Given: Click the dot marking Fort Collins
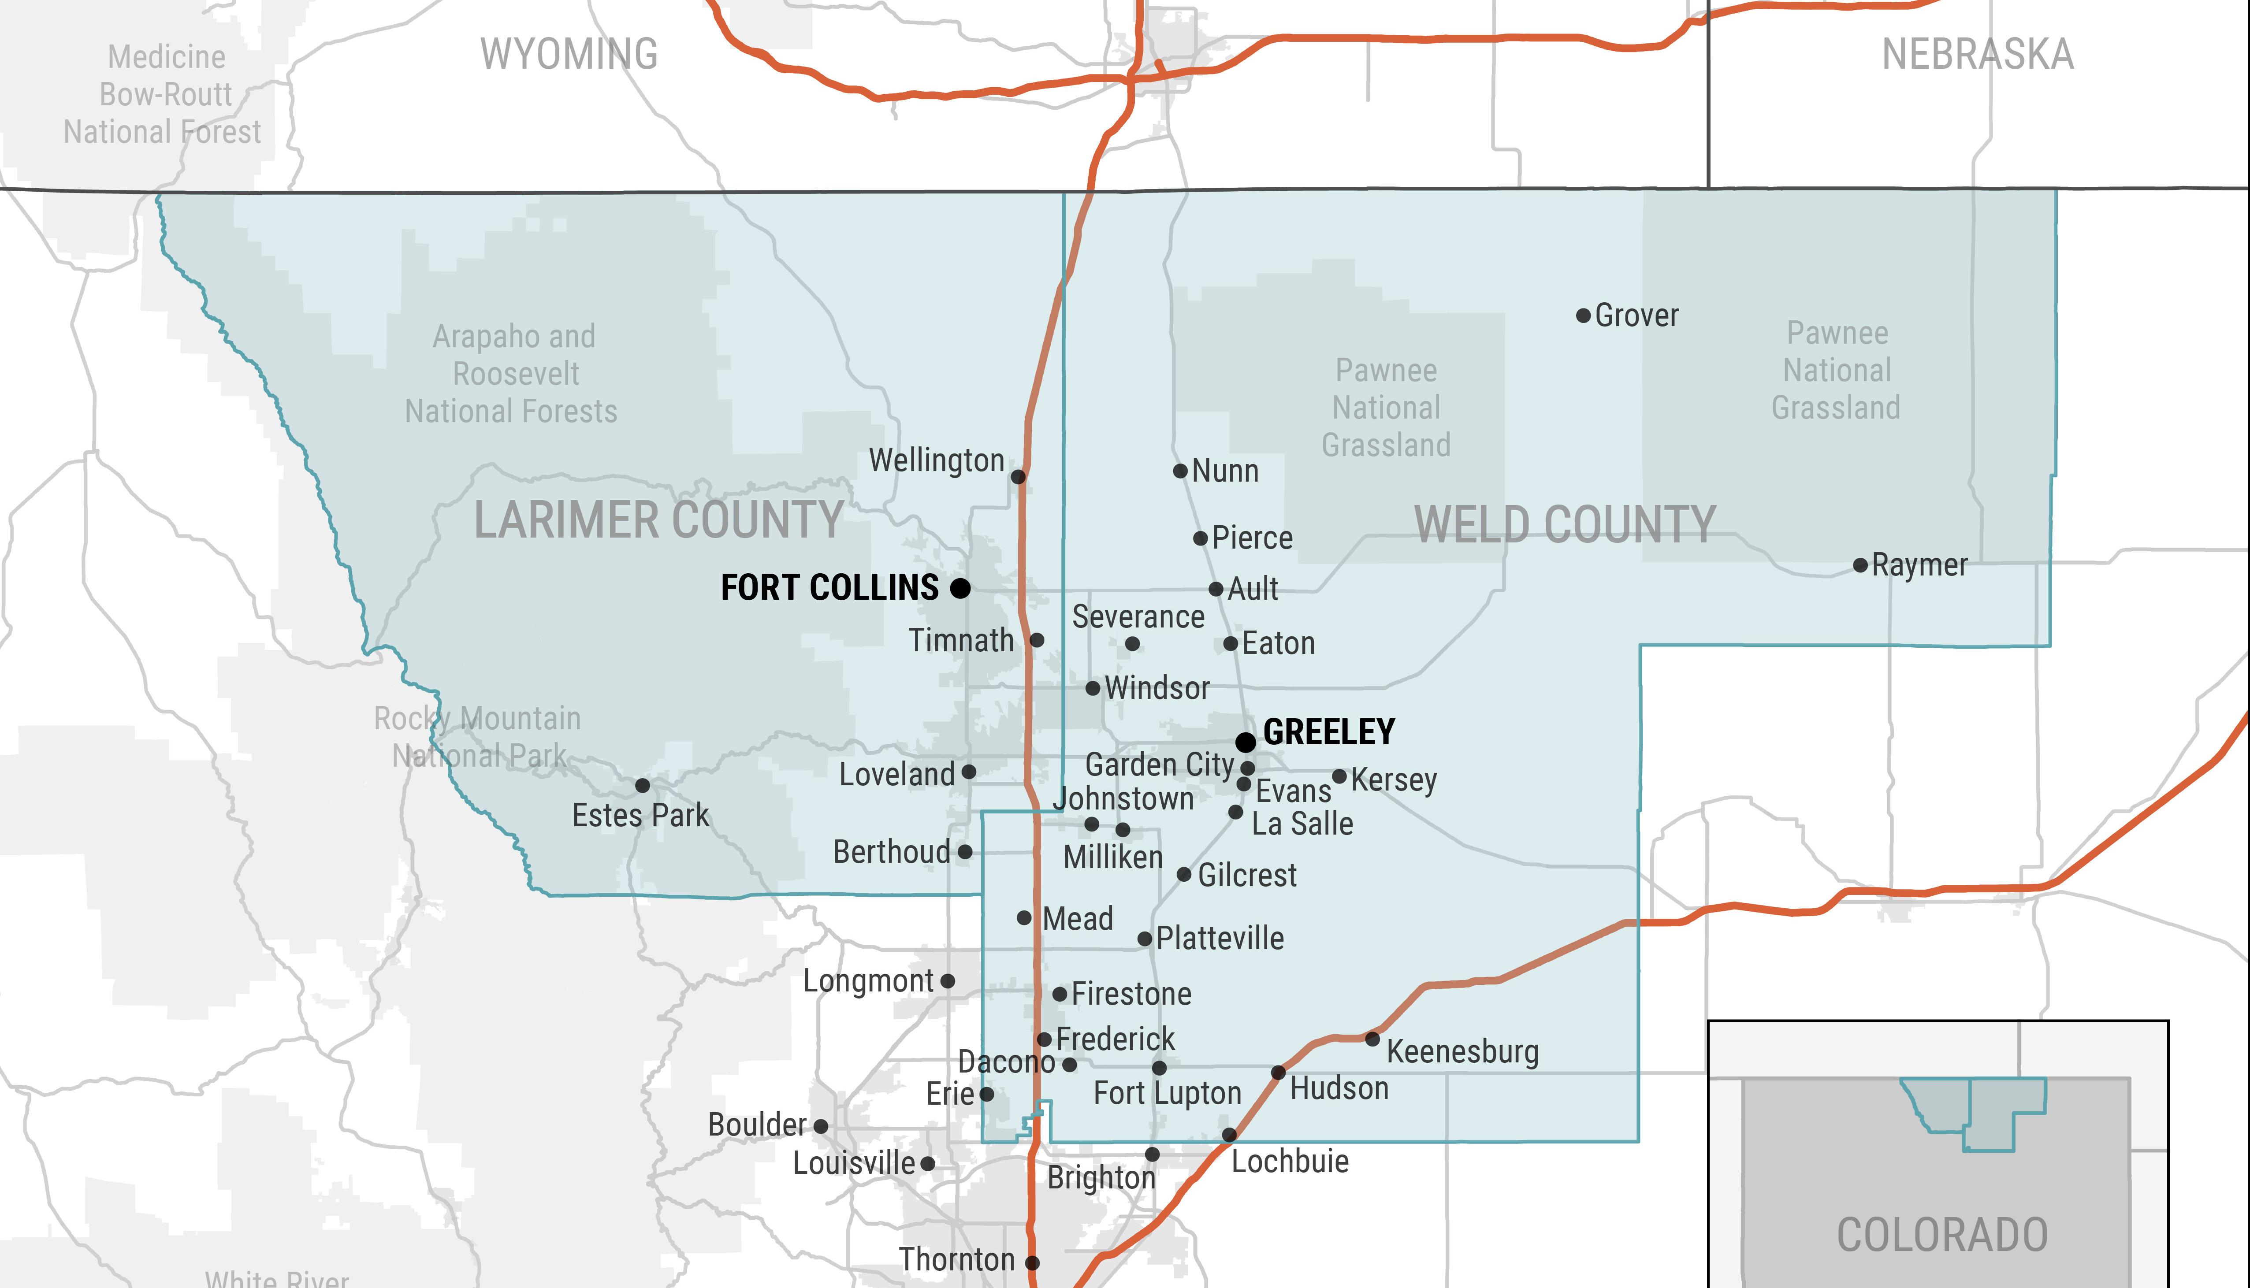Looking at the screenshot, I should click(960, 587).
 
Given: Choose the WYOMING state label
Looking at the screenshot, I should click(569, 54).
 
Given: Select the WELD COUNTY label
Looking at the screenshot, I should click(1564, 524).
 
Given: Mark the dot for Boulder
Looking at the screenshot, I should click(820, 1126).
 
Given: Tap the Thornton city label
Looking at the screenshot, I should click(956, 1260).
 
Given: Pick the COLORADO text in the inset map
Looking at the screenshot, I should click(1942, 1235).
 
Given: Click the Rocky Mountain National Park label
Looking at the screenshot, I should click(478, 737).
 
